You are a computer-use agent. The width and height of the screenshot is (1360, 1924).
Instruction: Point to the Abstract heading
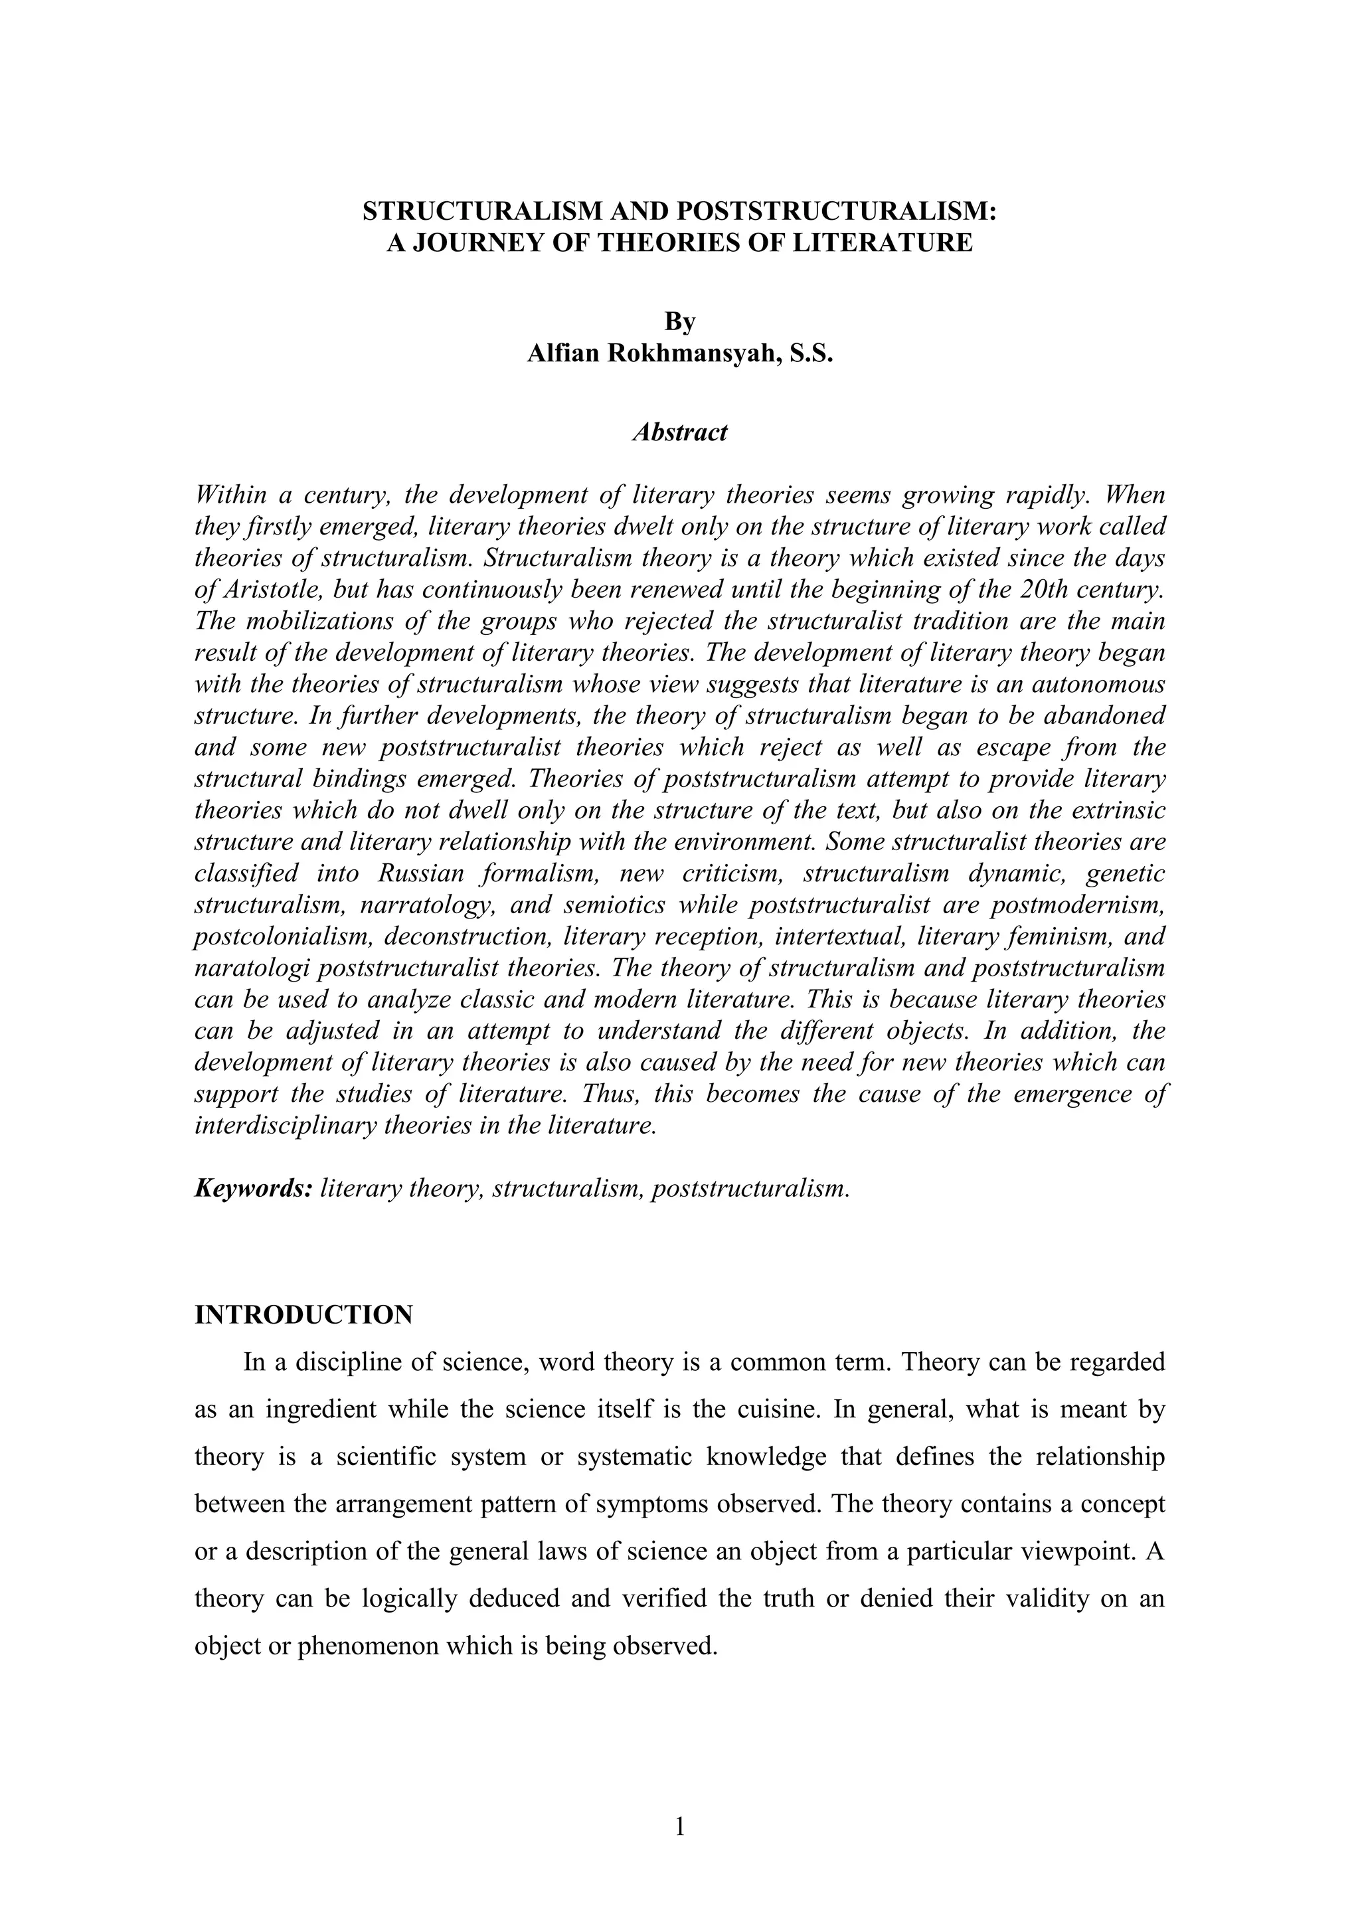679,432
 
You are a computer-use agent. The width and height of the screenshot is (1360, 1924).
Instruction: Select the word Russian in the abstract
420,873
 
